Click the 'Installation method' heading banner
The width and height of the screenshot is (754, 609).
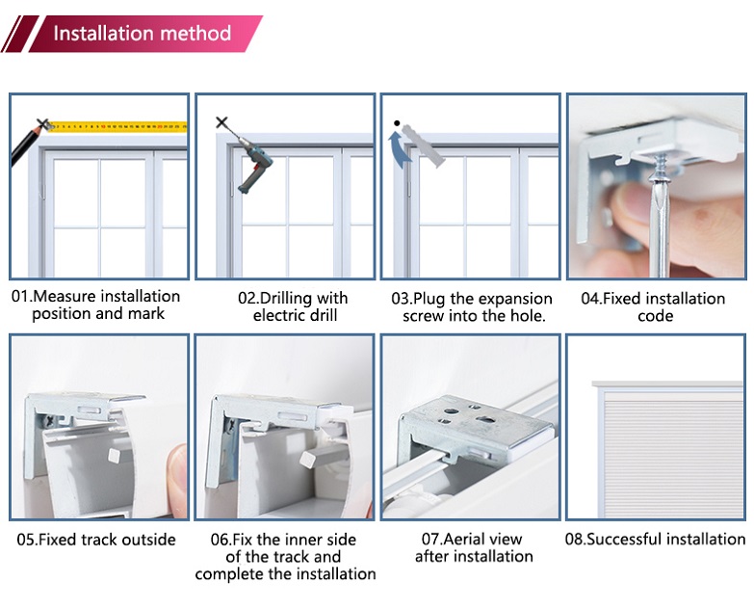tap(142, 34)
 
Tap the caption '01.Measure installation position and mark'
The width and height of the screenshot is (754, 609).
tap(96, 305)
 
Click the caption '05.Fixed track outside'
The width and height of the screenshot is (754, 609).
tap(94, 540)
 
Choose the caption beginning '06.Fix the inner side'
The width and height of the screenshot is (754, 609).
tap(285, 557)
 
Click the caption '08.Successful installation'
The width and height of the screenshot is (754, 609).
tap(655, 540)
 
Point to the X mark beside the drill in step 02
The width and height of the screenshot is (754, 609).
tap(222, 123)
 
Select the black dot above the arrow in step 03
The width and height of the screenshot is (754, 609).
tap(396, 123)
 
